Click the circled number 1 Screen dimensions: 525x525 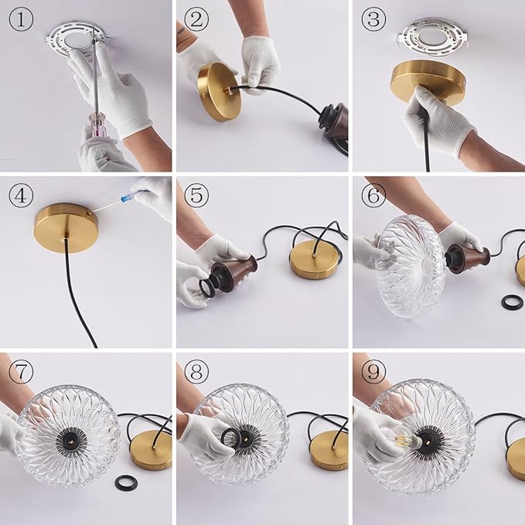(x=21, y=20)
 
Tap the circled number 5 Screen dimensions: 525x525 (x=196, y=195)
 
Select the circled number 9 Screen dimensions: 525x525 (x=373, y=371)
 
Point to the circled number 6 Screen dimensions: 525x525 (x=373, y=195)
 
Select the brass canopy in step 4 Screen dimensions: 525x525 (x=66, y=227)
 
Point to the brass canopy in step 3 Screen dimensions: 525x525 (x=428, y=82)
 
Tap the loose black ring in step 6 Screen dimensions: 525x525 (x=513, y=302)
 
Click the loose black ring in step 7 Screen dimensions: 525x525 (x=126, y=482)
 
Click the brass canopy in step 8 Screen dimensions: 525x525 (x=329, y=450)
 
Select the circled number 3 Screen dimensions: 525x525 (x=373, y=20)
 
